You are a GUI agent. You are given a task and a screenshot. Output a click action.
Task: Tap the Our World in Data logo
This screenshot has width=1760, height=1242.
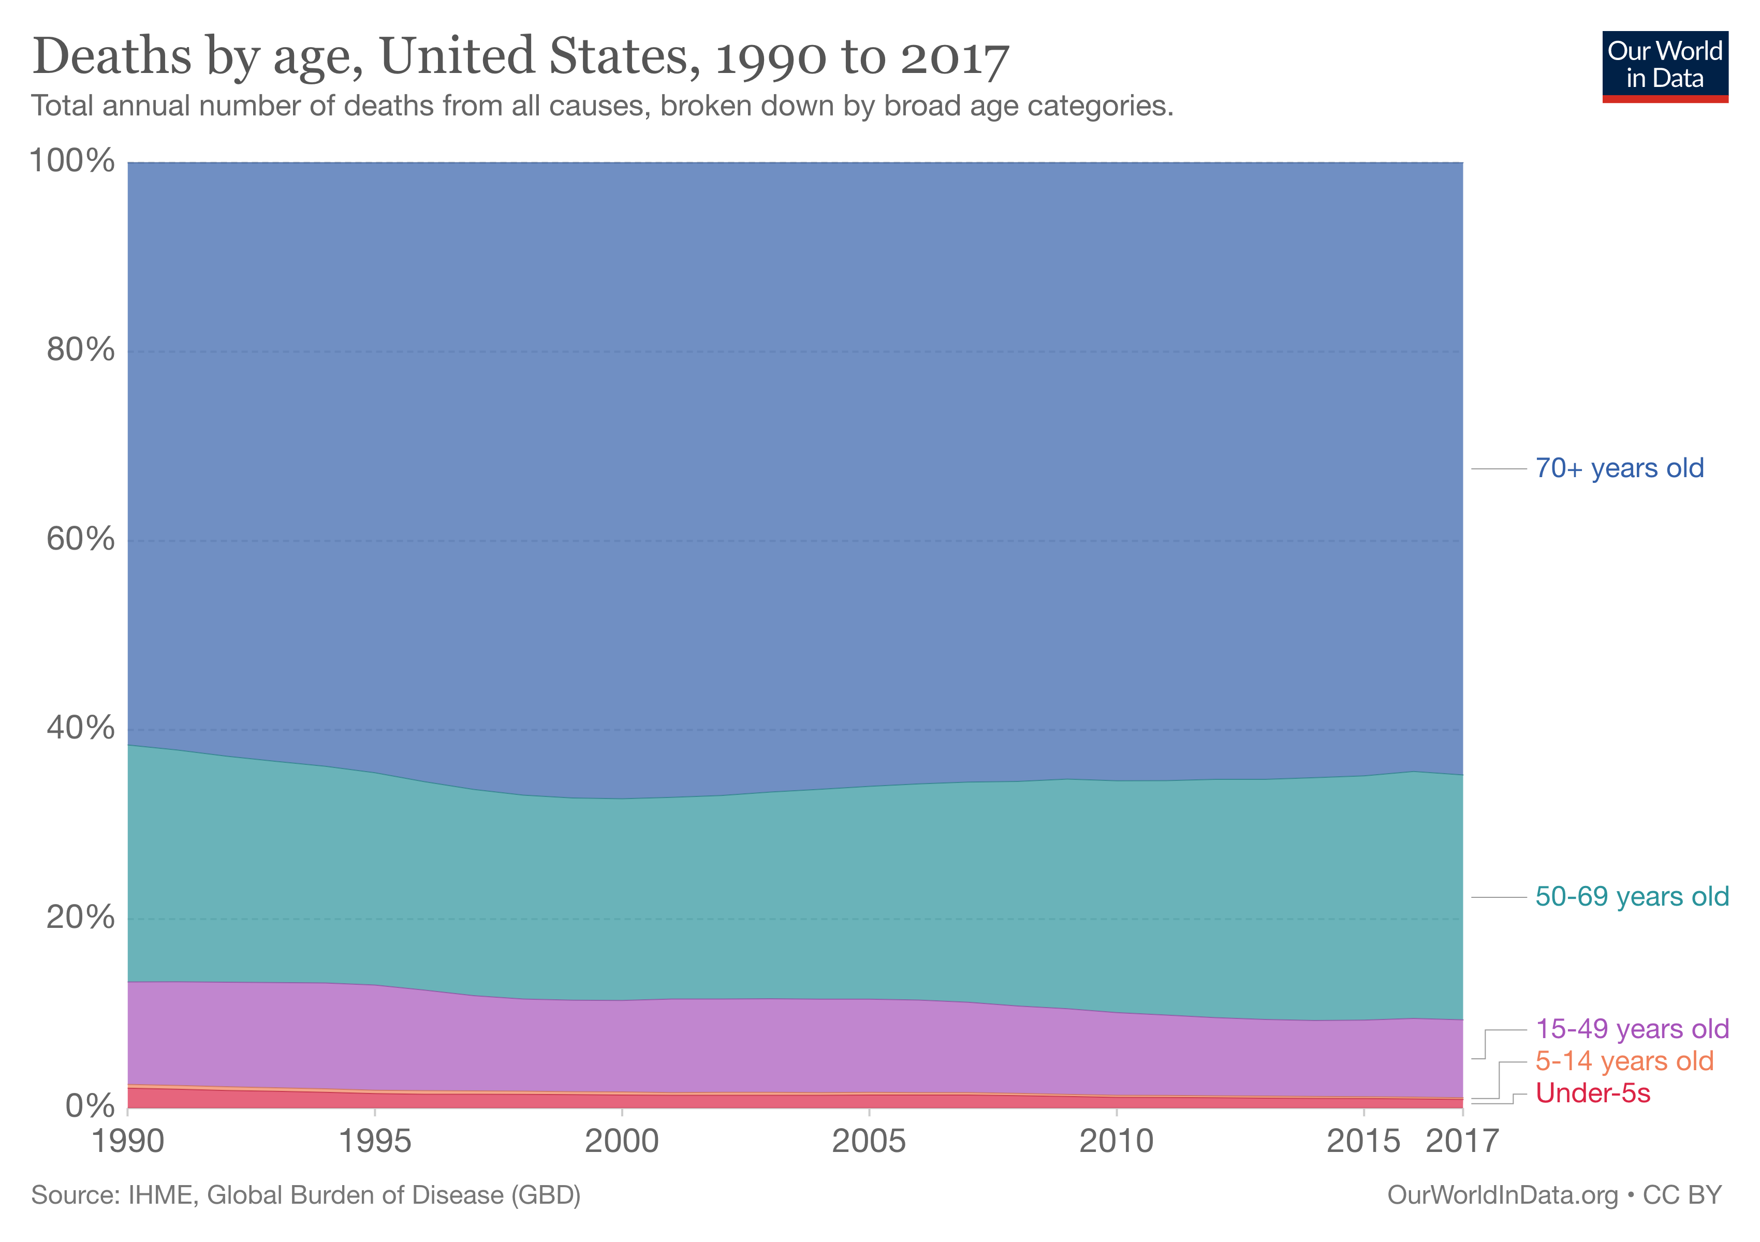tap(1664, 66)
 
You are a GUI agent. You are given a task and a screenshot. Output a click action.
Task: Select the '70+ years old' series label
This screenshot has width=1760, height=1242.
tap(1619, 468)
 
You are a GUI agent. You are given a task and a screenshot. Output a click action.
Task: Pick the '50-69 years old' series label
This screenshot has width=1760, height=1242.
tap(1631, 896)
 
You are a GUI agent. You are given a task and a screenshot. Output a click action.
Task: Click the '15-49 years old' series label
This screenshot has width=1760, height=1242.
tap(1631, 1029)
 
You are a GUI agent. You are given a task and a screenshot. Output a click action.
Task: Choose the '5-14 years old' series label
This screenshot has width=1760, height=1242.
tap(1623, 1061)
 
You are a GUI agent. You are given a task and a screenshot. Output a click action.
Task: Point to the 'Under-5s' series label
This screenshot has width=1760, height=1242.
tap(1592, 1093)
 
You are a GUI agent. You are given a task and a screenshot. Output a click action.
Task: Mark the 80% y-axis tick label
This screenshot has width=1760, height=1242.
tap(80, 350)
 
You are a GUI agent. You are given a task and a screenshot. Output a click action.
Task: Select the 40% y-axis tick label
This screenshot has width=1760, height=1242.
tap(80, 728)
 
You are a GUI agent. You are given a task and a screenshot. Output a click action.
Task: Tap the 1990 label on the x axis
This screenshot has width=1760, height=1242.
tap(128, 1142)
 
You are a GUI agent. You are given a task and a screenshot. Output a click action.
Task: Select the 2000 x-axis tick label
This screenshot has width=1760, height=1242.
tap(622, 1142)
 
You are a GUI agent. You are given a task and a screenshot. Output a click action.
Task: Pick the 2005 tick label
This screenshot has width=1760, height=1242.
tap(869, 1142)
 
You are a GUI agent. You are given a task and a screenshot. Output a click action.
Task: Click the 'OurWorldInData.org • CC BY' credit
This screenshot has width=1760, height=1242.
tap(1554, 1195)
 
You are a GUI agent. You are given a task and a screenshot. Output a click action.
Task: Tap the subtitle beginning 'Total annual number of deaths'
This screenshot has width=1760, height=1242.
tap(602, 106)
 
